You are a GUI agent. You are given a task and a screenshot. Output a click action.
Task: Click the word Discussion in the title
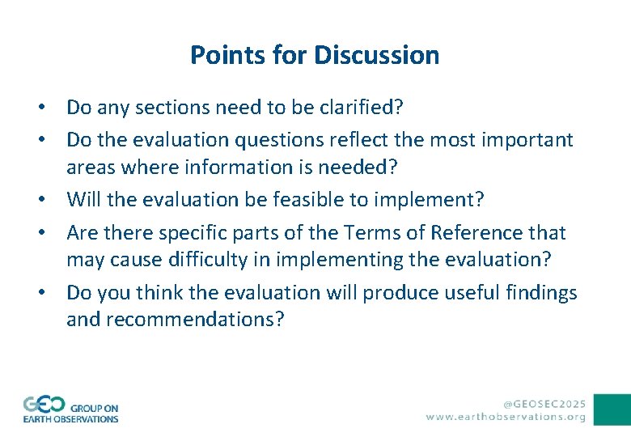pos(377,55)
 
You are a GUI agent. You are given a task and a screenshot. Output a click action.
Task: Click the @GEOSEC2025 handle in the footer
pos(544,402)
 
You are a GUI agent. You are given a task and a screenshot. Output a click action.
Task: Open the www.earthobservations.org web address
pos(506,417)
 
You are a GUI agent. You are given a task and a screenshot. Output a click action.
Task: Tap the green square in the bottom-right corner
pos(612,409)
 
